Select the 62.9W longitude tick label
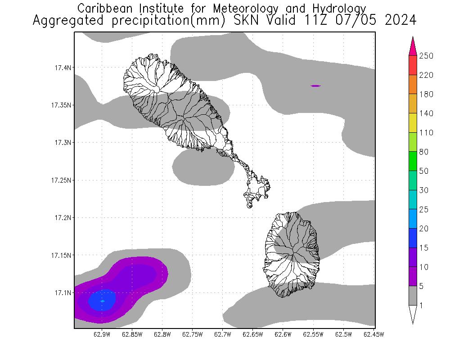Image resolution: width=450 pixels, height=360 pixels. [x=102, y=334]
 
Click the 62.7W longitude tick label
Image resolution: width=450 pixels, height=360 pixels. [x=223, y=334]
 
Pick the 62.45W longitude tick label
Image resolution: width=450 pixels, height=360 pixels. [x=374, y=334]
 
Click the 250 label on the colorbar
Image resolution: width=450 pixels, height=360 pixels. [x=426, y=56]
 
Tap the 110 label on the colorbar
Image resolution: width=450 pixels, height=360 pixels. [x=426, y=133]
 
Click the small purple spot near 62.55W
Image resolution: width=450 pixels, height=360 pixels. [x=315, y=85]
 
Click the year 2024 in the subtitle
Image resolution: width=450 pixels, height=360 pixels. [x=400, y=21]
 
